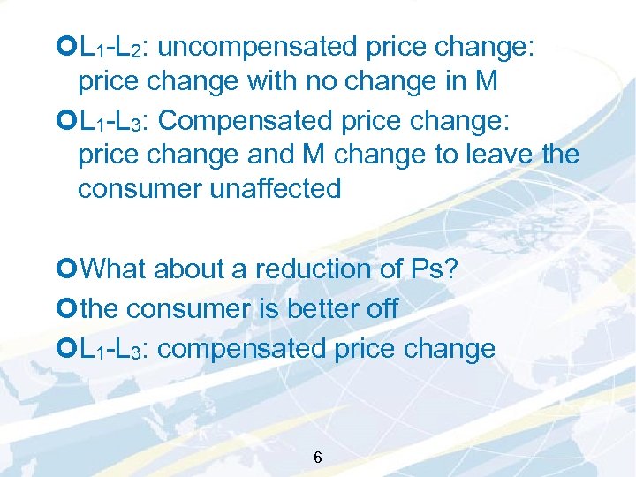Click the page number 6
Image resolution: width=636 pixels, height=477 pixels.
point(318,458)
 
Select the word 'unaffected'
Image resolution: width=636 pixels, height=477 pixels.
point(275,188)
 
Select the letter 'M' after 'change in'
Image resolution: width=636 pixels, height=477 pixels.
point(486,82)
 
